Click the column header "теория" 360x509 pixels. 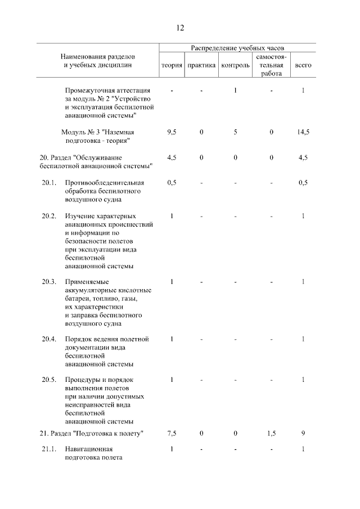point(172,65)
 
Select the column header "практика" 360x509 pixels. point(201,65)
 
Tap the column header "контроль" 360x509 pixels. point(236,65)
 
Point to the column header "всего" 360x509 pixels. point(303,65)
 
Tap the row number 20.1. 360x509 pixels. point(49,182)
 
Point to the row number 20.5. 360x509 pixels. point(49,380)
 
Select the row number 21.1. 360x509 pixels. point(49,449)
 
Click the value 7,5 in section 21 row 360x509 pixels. point(172,434)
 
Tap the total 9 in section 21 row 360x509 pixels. point(303,434)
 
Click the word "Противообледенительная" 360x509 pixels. point(105,182)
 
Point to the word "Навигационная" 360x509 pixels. point(89,449)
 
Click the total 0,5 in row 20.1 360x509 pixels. point(303,182)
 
